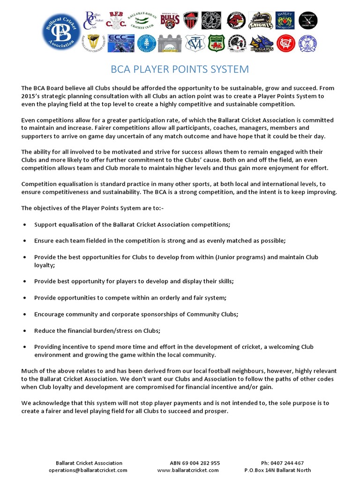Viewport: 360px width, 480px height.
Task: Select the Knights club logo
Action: coord(261,20)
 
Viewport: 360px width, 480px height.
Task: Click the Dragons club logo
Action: coord(261,43)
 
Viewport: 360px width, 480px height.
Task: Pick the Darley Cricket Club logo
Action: coord(285,20)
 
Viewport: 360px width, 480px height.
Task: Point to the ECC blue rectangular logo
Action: coord(121,43)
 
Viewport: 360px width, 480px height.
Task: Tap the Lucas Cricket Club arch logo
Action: coord(169,43)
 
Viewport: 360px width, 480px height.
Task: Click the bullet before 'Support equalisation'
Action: coord(24,225)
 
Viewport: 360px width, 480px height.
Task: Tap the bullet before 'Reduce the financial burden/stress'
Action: coord(24,331)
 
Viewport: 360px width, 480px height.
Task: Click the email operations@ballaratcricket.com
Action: coord(88,470)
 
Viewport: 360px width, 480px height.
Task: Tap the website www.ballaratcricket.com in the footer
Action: coord(188,470)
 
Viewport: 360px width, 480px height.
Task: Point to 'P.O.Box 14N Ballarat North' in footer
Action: coord(277,470)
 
